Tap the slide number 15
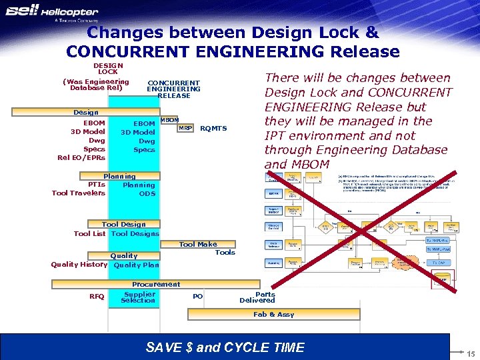471,353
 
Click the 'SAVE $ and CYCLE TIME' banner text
225,347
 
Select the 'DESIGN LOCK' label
107,68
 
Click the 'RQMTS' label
213,129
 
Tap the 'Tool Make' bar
198,245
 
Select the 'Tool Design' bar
123,225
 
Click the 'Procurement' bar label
156,285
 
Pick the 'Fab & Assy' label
273,314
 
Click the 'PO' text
197,297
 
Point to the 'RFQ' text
97,297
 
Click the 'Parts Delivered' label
257,297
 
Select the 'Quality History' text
79,265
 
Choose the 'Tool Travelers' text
78,193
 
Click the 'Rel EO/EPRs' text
81,158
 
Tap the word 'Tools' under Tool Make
225,253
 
